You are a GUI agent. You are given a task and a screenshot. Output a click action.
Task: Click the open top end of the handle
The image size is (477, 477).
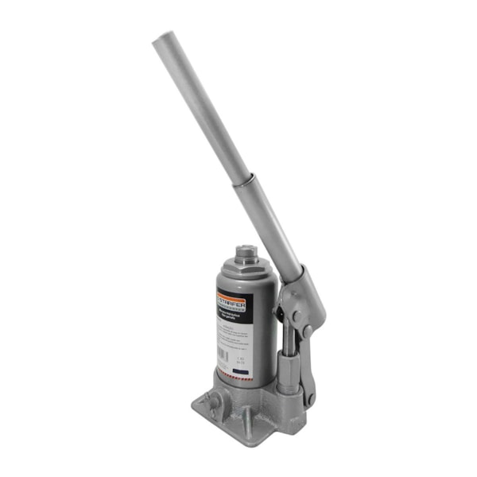(161, 38)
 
